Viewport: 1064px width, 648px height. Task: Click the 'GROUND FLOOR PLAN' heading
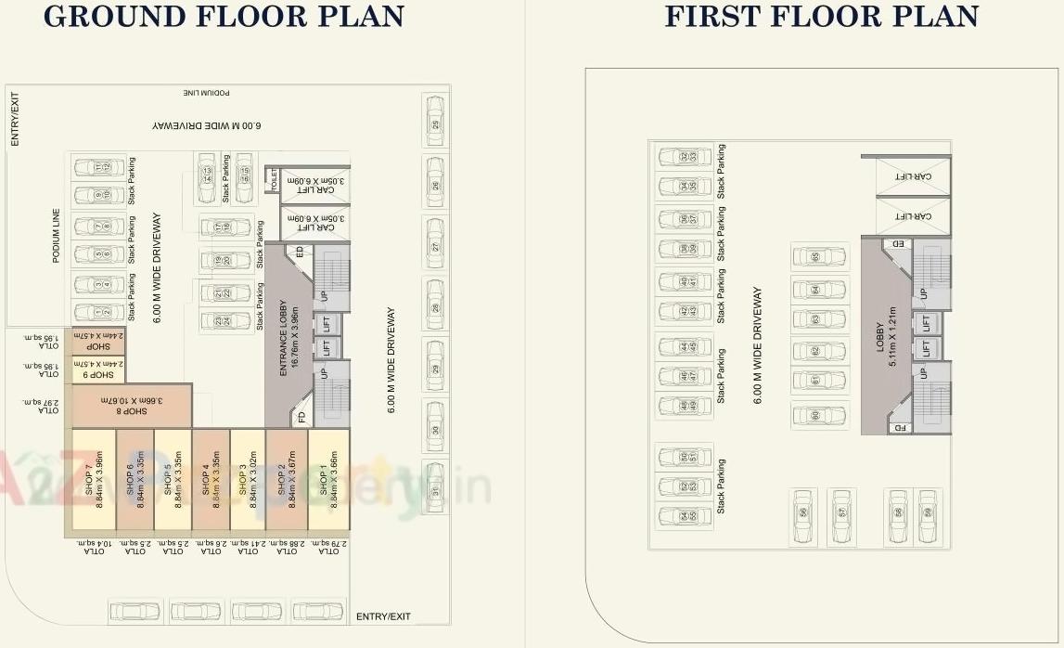click(224, 17)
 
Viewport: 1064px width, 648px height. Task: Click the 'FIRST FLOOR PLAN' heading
click(821, 17)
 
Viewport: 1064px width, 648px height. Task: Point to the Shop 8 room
click(133, 406)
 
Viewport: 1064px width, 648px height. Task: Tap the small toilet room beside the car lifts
click(273, 180)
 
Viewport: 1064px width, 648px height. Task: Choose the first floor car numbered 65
click(817, 257)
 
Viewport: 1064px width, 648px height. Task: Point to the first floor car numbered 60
click(817, 415)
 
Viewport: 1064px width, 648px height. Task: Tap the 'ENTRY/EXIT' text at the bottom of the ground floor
click(383, 616)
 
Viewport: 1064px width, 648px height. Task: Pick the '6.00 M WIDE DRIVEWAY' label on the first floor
click(758, 343)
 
